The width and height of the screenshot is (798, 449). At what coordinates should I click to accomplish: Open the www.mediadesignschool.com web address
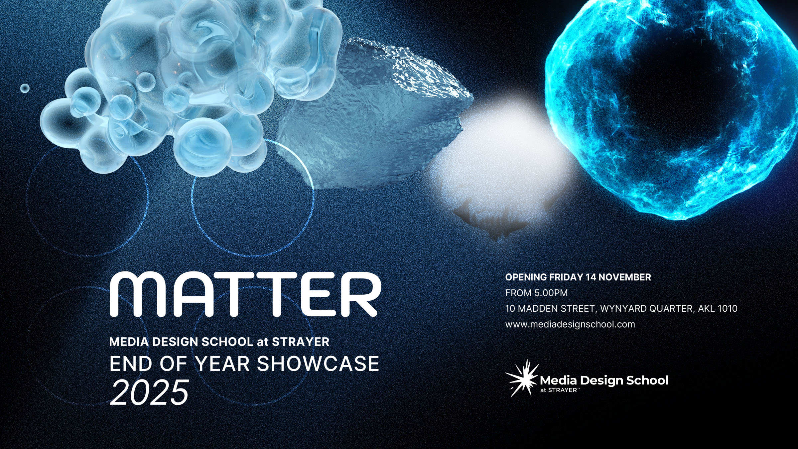(x=570, y=324)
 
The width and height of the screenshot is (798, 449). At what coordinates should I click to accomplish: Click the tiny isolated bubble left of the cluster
(x=25, y=88)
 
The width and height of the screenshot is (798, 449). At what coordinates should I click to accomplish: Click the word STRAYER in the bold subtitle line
(x=301, y=342)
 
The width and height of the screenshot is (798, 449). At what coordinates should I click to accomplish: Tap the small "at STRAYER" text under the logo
(x=560, y=390)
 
